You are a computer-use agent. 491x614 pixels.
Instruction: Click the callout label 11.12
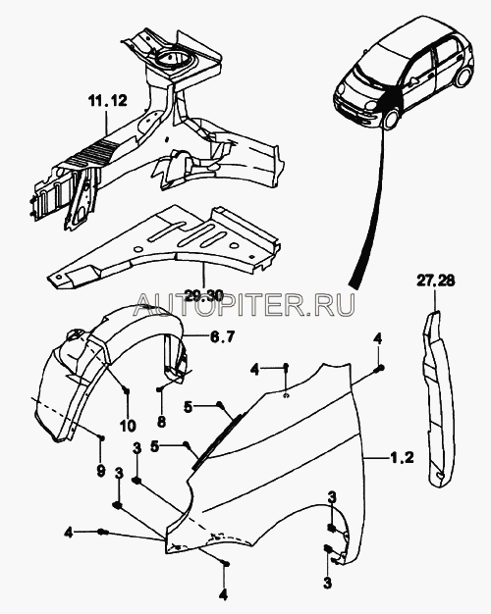[107, 101]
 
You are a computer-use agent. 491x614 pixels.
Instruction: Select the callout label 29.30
[203, 295]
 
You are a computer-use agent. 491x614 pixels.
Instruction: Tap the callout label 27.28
[435, 281]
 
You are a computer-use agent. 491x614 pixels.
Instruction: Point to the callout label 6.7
[222, 336]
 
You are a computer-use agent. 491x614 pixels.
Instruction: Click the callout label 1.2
[402, 457]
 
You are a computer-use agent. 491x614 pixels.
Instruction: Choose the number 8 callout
[161, 422]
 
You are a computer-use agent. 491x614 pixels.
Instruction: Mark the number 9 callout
[100, 470]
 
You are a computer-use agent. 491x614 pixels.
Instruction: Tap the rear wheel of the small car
[463, 77]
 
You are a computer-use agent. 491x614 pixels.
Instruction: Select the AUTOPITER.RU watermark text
[245, 305]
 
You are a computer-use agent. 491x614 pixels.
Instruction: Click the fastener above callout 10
[126, 390]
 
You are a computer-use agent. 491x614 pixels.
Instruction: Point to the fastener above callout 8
[159, 389]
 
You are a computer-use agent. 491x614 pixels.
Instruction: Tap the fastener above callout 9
[101, 437]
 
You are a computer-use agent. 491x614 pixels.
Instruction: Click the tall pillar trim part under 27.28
[436, 399]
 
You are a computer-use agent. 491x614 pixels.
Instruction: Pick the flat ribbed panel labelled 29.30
[165, 251]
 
